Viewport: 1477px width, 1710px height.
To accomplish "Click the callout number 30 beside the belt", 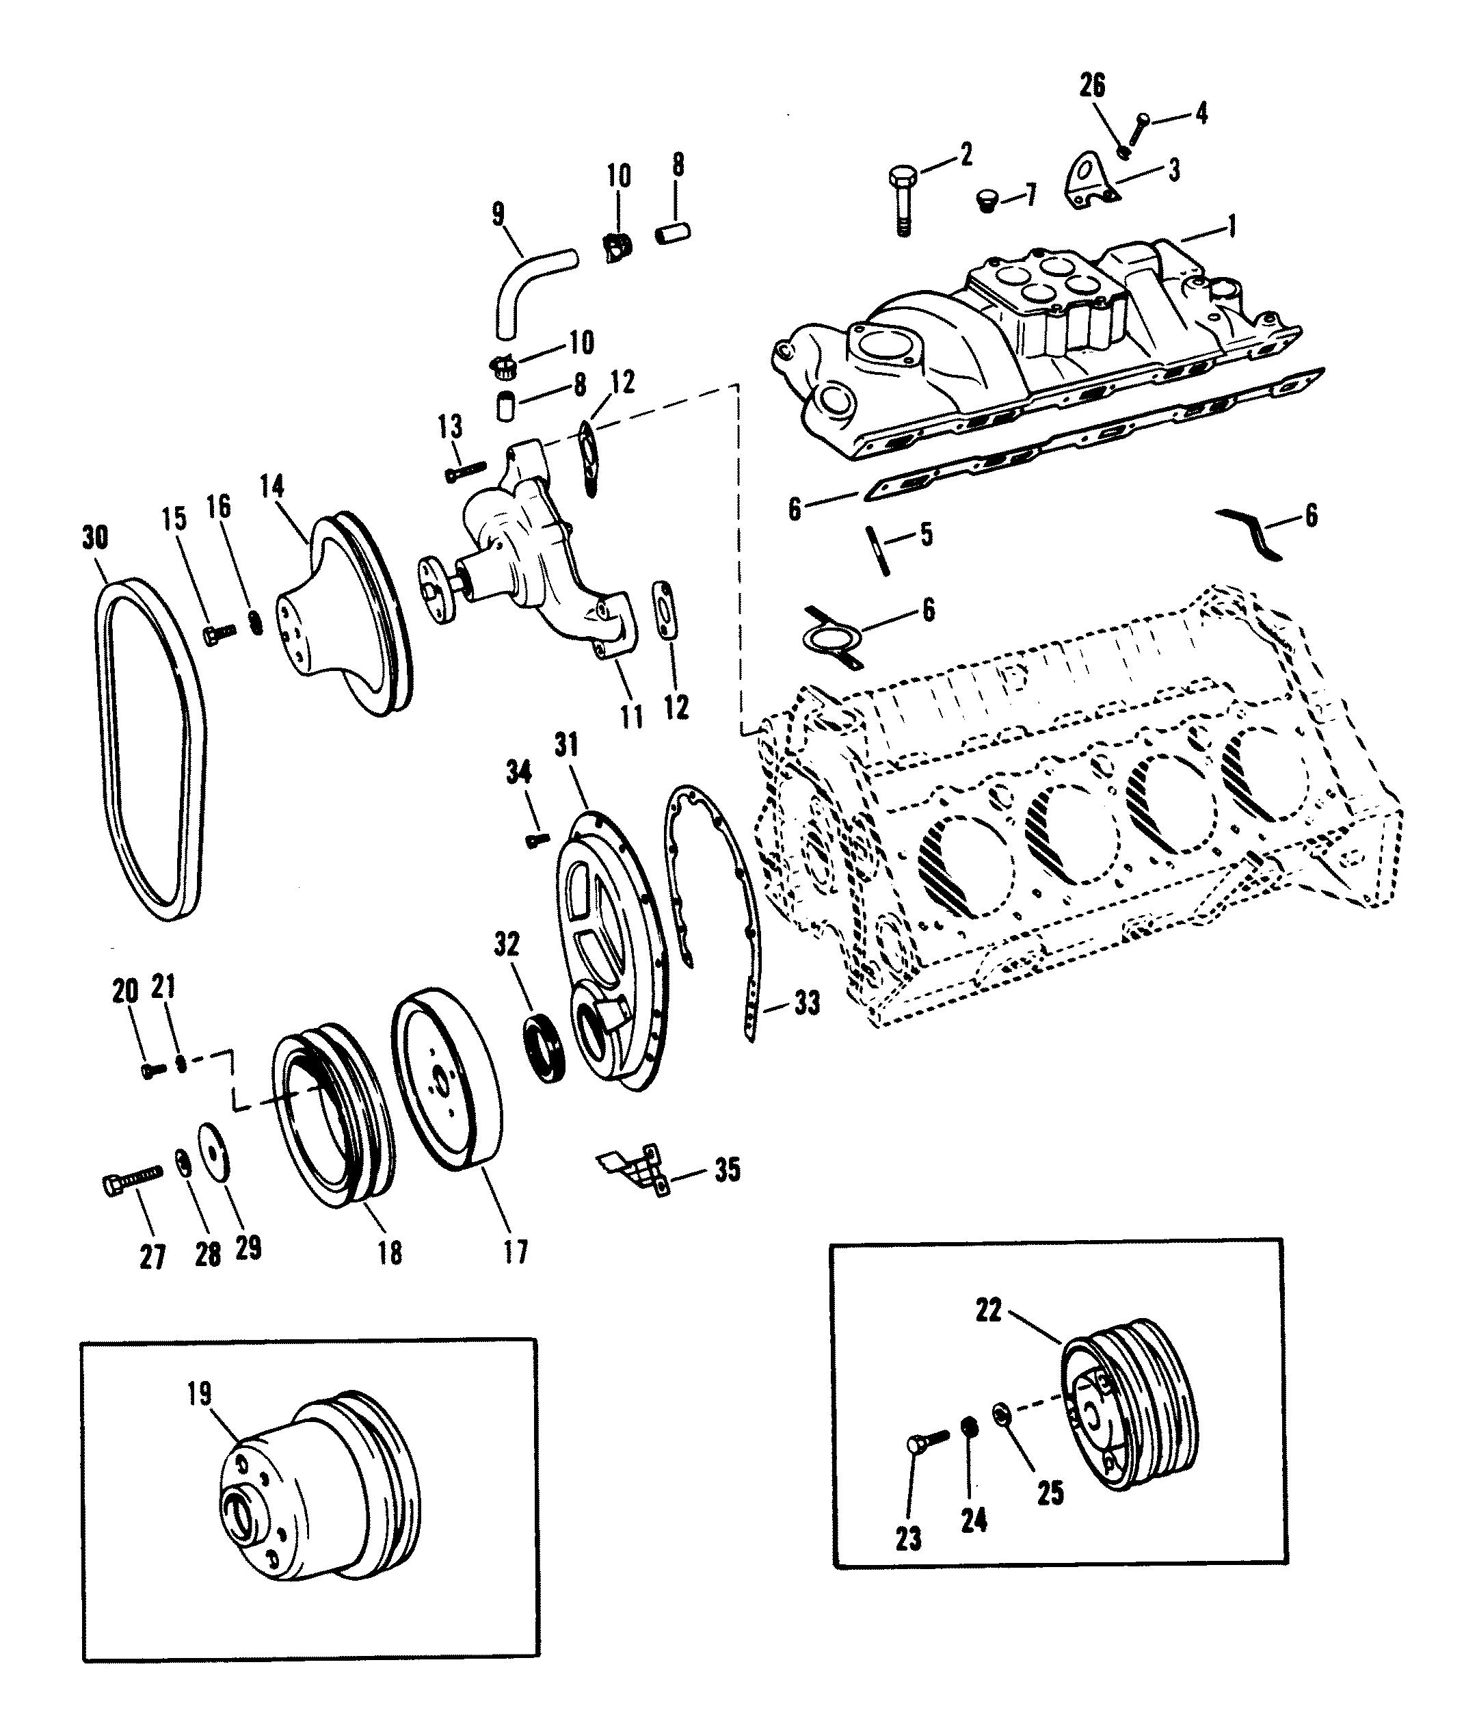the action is [96, 538].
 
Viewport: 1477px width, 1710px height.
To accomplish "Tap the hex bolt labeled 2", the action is [901, 201].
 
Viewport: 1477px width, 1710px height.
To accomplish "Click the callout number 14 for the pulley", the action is [271, 487].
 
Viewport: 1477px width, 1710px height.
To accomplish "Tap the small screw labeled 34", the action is [537, 839].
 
